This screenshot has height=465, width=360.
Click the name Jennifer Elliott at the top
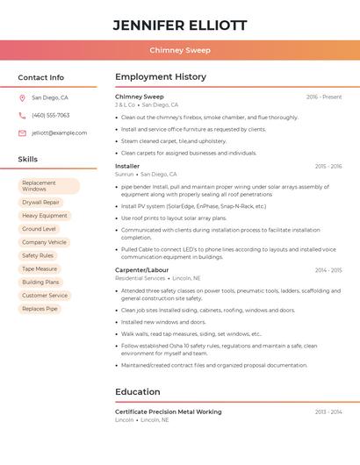click(x=180, y=25)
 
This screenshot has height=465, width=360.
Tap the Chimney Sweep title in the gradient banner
click(x=180, y=50)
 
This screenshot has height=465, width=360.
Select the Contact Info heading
click(x=41, y=77)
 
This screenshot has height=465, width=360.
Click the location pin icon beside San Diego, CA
click(x=22, y=98)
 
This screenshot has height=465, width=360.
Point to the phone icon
click(x=22, y=116)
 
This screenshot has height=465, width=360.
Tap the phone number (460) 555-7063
click(x=51, y=116)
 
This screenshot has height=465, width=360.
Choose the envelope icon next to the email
click(x=22, y=133)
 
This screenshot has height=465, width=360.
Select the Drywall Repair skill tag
click(x=41, y=202)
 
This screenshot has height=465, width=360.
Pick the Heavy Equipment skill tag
click(x=45, y=215)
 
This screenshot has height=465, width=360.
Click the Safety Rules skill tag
click(x=38, y=255)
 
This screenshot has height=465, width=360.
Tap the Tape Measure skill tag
click(x=40, y=268)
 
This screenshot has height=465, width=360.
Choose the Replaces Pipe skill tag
click(x=40, y=309)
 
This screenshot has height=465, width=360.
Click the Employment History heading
click(x=161, y=77)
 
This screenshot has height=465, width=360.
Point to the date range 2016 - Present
click(x=324, y=97)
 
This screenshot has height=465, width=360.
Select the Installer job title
click(x=127, y=166)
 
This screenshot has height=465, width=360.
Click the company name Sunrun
click(x=124, y=175)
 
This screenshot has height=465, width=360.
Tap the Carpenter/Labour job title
click(x=142, y=270)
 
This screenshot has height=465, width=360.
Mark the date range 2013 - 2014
click(x=328, y=411)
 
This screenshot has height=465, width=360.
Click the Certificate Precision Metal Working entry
click(x=169, y=411)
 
